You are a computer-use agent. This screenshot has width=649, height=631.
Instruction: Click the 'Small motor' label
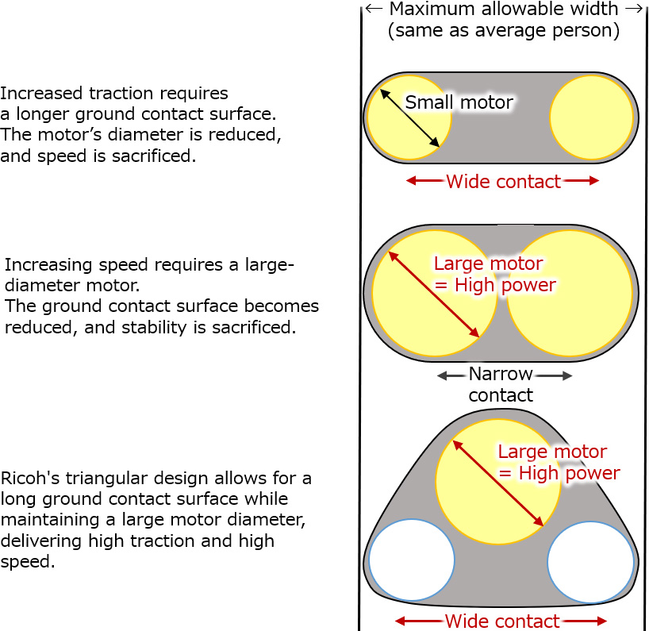pyautogui.click(x=459, y=102)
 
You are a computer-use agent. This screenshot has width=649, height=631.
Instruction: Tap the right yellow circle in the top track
pyautogui.click(x=593, y=117)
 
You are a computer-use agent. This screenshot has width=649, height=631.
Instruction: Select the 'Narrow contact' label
pyautogui.click(x=500, y=384)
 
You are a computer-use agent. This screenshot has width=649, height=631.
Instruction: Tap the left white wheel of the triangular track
pyautogui.click(x=411, y=560)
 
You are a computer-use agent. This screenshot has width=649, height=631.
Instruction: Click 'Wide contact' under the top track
pyautogui.click(x=503, y=182)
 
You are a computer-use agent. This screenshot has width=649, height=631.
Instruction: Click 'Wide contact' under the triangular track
pyautogui.click(x=501, y=621)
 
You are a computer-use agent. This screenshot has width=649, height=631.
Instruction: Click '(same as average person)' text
pyautogui.click(x=503, y=31)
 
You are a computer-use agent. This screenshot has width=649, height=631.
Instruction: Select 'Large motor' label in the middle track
pyautogui.click(x=488, y=264)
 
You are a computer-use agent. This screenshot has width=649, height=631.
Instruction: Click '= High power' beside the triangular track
pyautogui.click(x=559, y=473)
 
